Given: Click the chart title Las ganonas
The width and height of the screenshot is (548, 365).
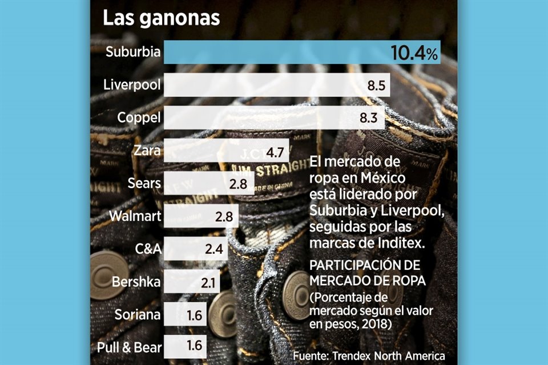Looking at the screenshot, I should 161,18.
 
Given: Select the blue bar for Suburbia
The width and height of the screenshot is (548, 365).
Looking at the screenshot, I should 274,52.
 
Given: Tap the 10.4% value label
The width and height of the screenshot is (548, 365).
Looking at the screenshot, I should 414,54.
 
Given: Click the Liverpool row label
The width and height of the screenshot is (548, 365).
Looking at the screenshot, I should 132,86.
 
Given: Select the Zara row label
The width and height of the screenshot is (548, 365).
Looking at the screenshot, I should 147,151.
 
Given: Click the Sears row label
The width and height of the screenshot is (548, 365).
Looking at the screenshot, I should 145,184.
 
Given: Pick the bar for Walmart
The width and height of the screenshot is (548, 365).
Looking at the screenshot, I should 200,217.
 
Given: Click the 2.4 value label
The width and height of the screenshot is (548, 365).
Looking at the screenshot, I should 216,250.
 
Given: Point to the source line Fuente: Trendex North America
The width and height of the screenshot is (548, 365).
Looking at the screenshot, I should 369,355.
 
